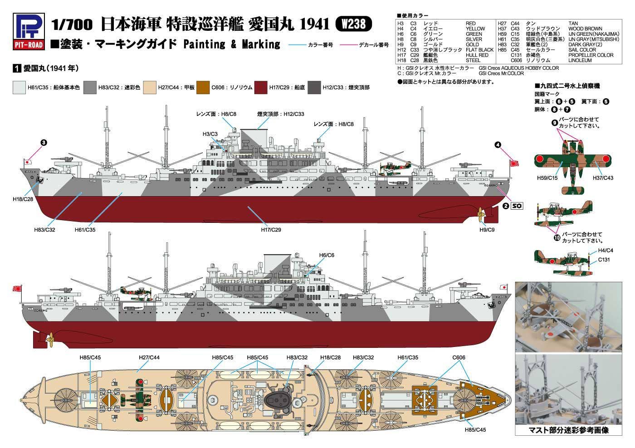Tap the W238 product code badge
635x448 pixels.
point(353,24)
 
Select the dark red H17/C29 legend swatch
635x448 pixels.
point(260,87)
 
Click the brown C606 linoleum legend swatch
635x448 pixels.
point(203,87)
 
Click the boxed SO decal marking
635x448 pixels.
point(517,206)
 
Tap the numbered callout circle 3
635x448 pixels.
point(44,143)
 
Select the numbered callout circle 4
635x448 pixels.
point(498,145)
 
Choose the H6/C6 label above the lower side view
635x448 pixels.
point(327,255)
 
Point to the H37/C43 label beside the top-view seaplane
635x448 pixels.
point(603,178)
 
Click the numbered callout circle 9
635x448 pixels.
point(555,123)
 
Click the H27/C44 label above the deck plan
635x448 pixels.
point(149,357)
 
